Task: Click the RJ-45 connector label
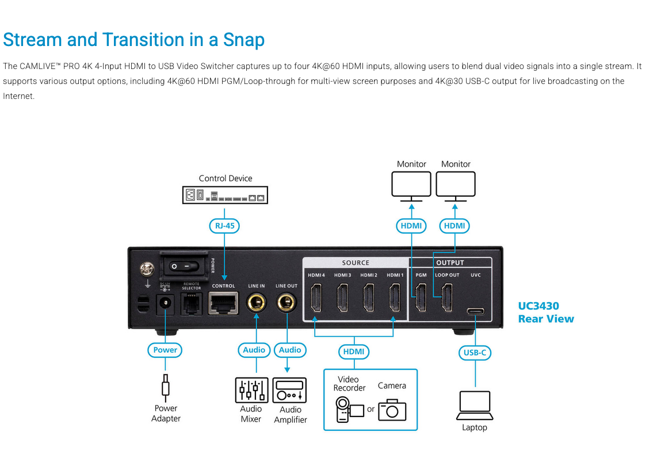[224, 226]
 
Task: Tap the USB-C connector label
[475, 353]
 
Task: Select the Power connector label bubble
[165, 350]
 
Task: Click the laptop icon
[475, 406]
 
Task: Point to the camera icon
[392, 409]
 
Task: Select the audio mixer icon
[251, 390]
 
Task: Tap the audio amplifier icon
[289, 390]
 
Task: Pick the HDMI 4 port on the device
[316, 298]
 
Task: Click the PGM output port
[421, 298]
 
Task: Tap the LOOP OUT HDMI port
[447, 298]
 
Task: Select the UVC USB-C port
[476, 312]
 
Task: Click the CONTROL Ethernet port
[223, 302]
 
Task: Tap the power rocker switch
[185, 266]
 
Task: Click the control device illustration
[225, 196]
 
